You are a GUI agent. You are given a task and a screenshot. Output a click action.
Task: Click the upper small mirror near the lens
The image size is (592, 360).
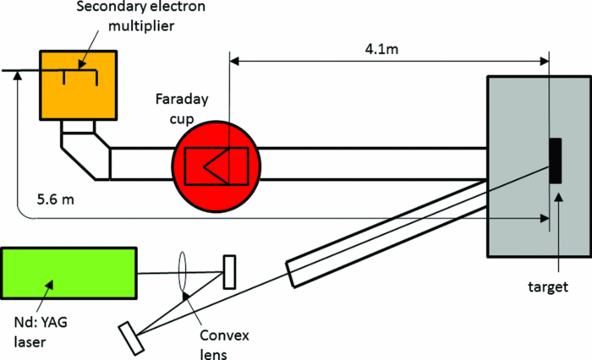228,273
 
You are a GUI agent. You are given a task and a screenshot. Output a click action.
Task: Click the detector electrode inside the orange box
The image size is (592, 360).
80,76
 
